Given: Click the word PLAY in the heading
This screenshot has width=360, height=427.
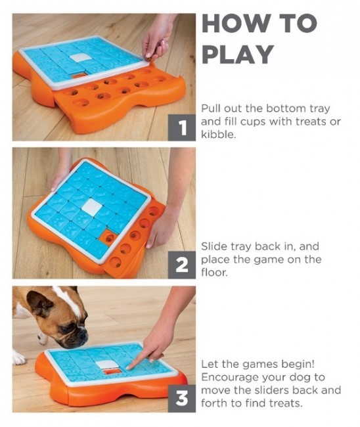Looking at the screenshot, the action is click(237, 54).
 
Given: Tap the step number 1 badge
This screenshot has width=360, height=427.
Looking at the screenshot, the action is click(181, 127).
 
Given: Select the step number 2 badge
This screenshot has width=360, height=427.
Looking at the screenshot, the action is click(181, 265).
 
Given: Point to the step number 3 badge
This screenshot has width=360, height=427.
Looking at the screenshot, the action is click(181, 398).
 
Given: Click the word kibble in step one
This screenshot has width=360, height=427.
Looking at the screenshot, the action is click(218, 134).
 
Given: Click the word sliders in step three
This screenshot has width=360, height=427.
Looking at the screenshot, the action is click(272, 390).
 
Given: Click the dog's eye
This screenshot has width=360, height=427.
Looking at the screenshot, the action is click(65, 328).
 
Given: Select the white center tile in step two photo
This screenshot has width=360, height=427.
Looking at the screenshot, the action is click(92, 206).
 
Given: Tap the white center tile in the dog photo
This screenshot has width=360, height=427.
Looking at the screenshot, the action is click(106, 365).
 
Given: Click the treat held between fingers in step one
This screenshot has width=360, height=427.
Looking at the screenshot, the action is click(148, 55).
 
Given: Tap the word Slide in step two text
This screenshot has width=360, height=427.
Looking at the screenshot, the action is click(214, 246).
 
